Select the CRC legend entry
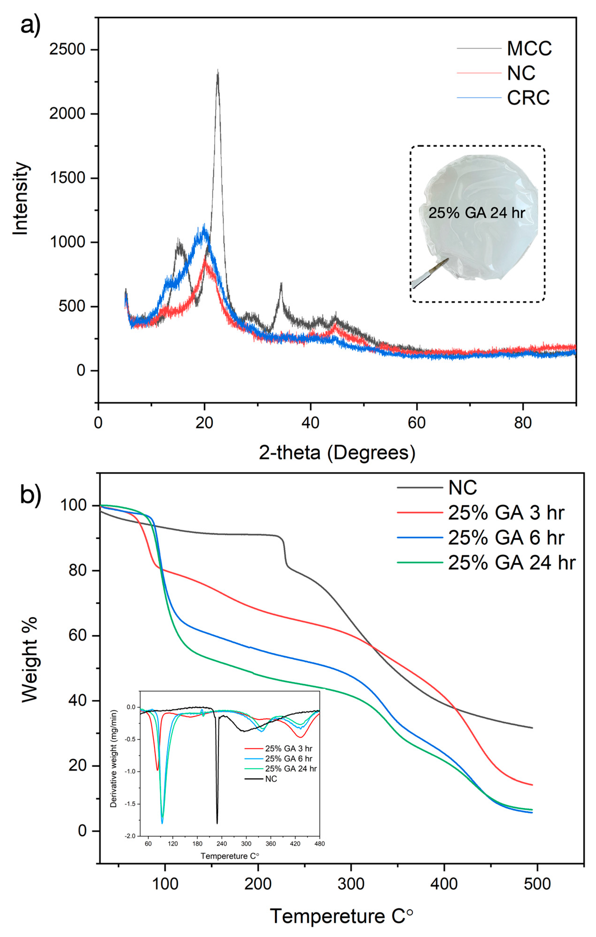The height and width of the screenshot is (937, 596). pos(528,98)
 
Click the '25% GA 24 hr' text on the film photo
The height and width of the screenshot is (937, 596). pos(477,213)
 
